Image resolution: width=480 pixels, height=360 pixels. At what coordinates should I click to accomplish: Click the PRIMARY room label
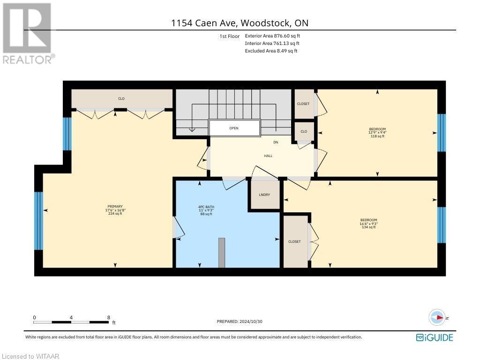pyautogui.click(x=115, y=206)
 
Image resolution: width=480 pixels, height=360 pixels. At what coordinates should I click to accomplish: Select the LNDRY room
pyautogui.click(x=264, y=195)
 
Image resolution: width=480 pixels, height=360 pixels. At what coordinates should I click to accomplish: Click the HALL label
pyautogui.click(x=268, y=156)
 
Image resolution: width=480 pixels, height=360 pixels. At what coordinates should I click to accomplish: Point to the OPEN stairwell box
pyautogui.click(x=234, y=128)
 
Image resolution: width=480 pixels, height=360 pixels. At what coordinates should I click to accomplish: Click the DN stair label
pyautogui.click(x=277, y=142)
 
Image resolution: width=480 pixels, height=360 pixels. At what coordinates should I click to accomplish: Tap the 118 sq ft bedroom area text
pyautogui.click(x=377, y=136)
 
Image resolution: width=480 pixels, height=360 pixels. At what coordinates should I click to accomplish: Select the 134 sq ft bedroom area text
pyautogui.click(x=368, y=227)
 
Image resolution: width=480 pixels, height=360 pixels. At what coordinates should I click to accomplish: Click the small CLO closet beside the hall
pyautogui.click(x=304, y=132)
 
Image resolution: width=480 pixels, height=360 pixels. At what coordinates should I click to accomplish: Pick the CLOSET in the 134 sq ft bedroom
pyautogui.click(x=294, y=241)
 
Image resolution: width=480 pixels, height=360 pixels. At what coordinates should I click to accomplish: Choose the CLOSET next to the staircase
pyautogui.click(x=303, y=104)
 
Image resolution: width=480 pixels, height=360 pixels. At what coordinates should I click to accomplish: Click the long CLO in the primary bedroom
pyautogui.click(x=121, y=98)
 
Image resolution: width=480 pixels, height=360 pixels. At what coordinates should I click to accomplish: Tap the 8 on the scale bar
pyautogui.click(x=108, y=317)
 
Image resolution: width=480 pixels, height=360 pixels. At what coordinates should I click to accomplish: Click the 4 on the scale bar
pyautogui.click(x=71, y=317)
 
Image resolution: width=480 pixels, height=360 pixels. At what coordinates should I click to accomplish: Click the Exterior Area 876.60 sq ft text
pyautogui.click(x=273, y=36)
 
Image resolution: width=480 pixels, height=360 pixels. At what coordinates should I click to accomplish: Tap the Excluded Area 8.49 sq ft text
pyautogui.click(x=271, y=51)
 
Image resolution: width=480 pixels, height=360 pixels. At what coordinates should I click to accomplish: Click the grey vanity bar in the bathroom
pyautogui.click(x=222, y=253)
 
